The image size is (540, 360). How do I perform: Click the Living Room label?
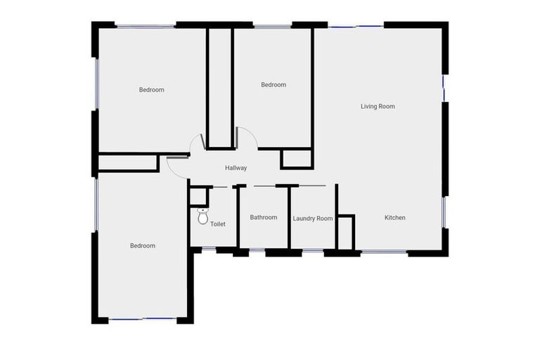(378, 107)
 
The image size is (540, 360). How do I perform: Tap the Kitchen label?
(394, 218)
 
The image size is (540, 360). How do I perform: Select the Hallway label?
(236, 168)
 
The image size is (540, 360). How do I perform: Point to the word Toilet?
(218, 224)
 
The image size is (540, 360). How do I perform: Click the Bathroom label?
(264, 218)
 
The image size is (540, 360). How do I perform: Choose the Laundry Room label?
(312, 219)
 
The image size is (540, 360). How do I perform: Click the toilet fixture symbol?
(203, 217)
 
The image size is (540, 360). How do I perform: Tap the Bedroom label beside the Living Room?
(274, 85)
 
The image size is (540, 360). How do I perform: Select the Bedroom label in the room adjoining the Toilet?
(143, 246)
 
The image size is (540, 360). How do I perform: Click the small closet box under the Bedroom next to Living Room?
(296, 159)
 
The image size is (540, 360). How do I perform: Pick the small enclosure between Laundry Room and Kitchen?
(345, 233)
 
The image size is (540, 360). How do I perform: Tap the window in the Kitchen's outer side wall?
(444, 212)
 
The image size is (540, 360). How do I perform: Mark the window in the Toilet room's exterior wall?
(209, 248)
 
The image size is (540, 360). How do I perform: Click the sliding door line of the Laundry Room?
(307, 186)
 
